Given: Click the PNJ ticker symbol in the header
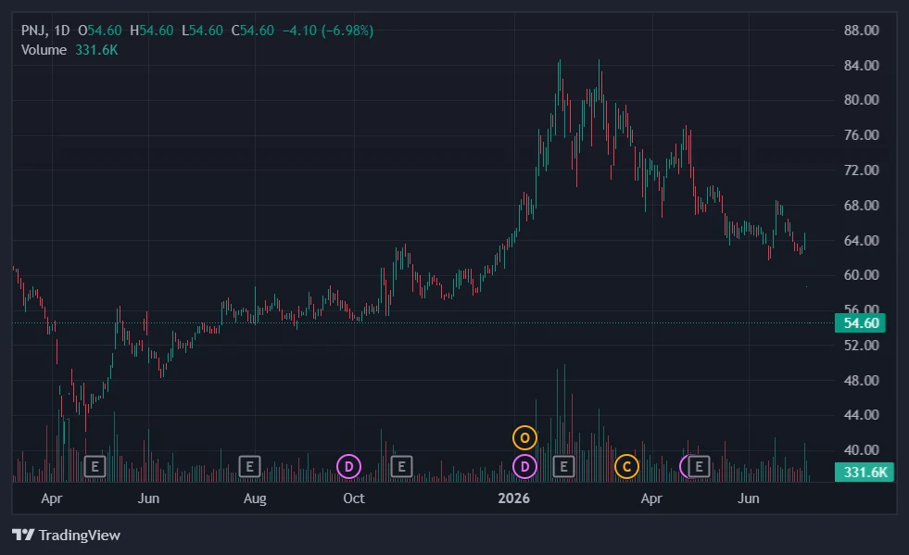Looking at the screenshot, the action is click(x=34, y=31).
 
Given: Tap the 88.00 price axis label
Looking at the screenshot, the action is click(x=862, y=31).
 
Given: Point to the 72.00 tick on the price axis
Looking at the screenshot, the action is click(x=862, y=170).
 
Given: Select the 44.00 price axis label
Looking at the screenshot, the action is click(x=862, y=415).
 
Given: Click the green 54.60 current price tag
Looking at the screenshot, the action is click(x=860, y=323).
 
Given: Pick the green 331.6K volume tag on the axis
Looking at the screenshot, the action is click(x=865, y=472).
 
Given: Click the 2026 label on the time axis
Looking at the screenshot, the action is click(x=513, y=498).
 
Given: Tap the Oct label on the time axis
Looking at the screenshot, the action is click(x=354, y=498).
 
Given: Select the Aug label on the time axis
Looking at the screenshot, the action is click(x=255, y=498).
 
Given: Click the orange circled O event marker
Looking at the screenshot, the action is click(x=524, y=438).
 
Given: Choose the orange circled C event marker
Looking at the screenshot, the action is click(x=626, y=466).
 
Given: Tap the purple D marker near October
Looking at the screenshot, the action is click(x=349, y=466).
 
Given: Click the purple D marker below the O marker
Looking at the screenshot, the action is click(x=524, y=466).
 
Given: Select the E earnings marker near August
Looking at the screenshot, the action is click(x=250, y=466).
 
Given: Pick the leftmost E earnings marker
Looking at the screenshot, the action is click(x=95, y=466).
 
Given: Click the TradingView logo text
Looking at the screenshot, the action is click(x=80, y=535).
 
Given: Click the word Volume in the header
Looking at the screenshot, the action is click(x=44, y=50).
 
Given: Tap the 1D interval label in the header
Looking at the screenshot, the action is click(x=61, y=31).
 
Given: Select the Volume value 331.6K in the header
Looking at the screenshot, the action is click(x=96, y=50).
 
